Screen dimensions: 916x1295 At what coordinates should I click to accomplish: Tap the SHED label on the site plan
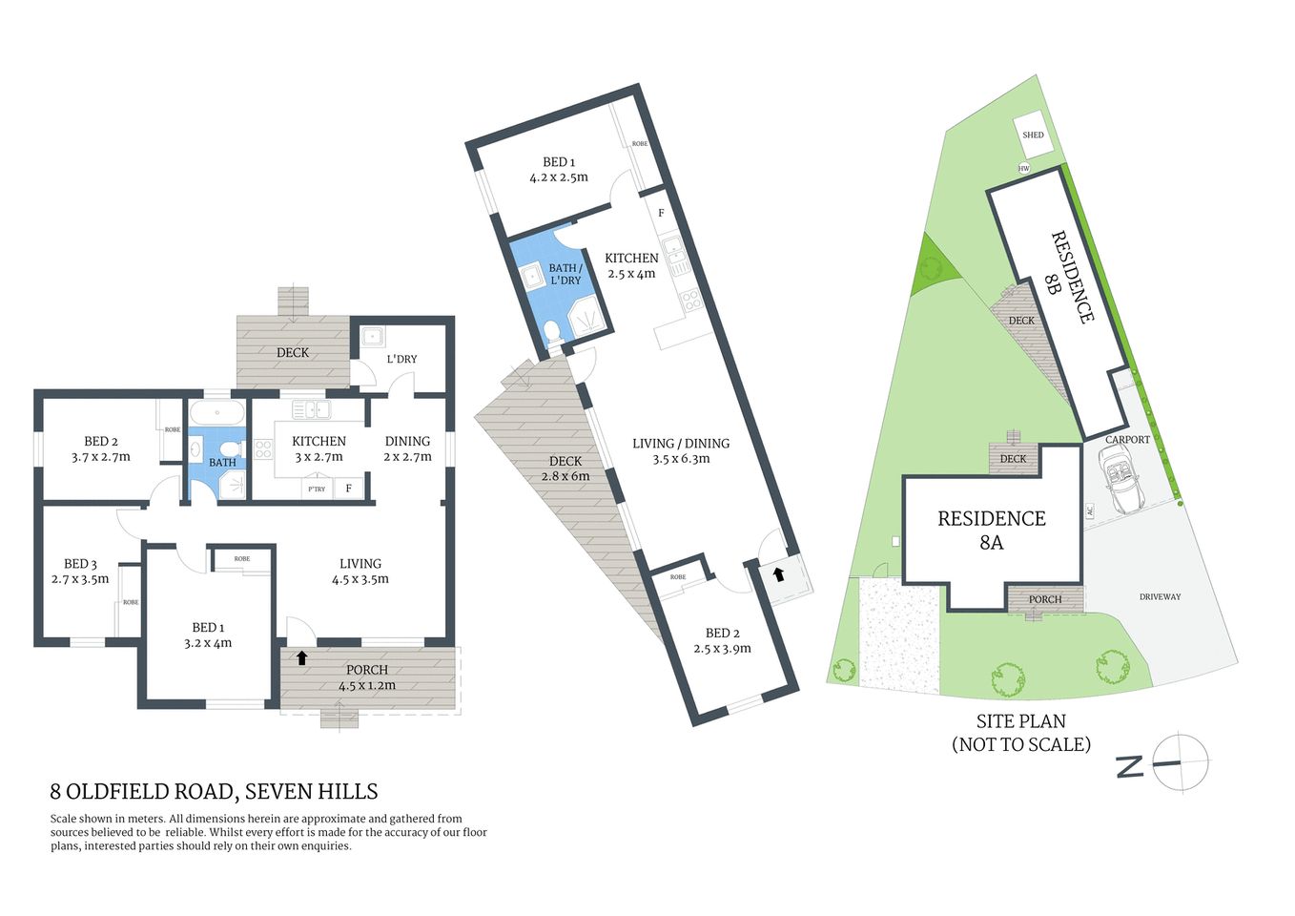1033,135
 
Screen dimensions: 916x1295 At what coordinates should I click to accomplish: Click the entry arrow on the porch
302,657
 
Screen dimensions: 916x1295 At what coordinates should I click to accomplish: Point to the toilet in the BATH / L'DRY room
552,332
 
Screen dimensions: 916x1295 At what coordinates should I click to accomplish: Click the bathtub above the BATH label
217,413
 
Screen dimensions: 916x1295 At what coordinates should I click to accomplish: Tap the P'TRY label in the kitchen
316,489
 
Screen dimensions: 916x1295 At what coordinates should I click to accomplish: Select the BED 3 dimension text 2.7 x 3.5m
80,579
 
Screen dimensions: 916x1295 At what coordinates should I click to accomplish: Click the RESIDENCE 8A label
991,531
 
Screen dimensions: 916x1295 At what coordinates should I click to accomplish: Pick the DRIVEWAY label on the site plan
1160,597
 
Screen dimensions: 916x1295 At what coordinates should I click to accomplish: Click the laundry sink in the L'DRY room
371,337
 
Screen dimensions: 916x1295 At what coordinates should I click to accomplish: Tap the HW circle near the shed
1024,169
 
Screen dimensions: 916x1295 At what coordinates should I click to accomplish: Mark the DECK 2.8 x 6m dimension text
565,476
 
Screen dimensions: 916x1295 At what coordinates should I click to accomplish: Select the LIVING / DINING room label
681,444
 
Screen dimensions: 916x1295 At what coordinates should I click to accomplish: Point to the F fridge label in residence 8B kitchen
661,213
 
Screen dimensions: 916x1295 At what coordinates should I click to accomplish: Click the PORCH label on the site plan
1045,600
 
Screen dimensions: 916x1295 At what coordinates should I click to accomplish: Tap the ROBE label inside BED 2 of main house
172,430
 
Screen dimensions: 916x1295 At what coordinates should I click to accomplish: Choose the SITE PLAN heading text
1020,722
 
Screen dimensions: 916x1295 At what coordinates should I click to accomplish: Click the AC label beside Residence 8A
1089,511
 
